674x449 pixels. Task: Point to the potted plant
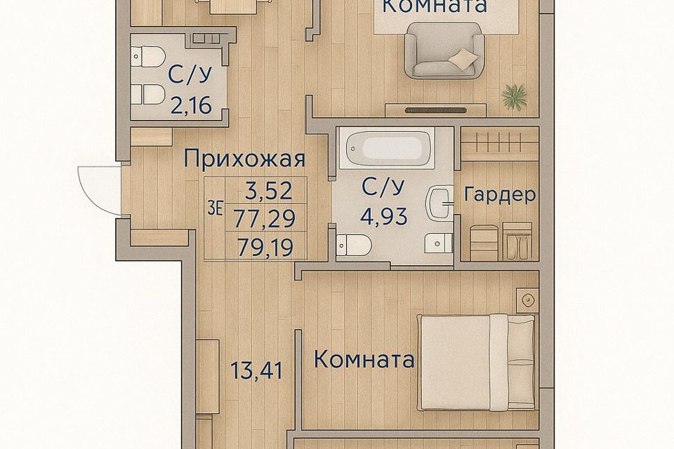[x=515, y=96]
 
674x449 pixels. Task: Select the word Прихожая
[x=244, y=159]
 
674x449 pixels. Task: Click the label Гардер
[x=499, y=195]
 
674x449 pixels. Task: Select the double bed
[x=477, y=363]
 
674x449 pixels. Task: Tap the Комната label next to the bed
[x=364, y=361]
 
